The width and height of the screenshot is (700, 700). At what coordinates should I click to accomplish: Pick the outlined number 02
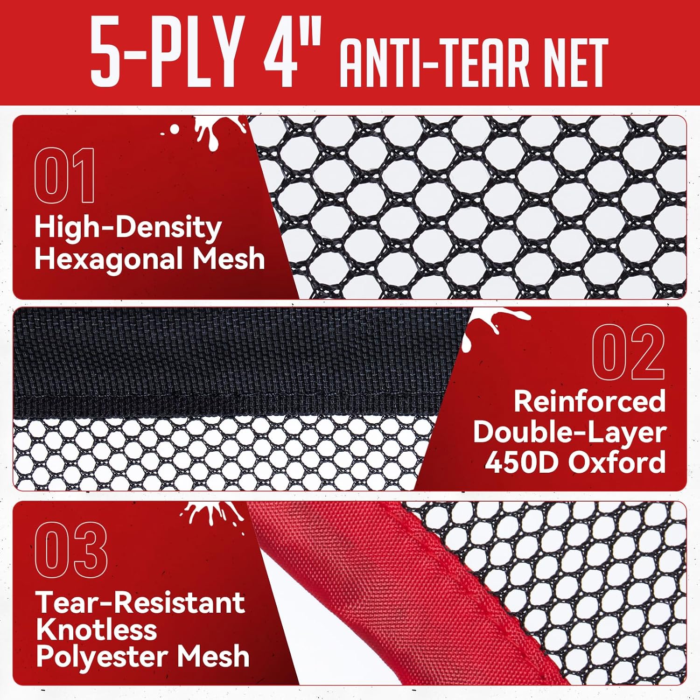(x=628, y=351)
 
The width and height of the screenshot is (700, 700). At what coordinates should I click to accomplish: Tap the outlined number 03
(x=71, y=550)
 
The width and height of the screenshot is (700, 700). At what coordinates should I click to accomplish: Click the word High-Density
(x=128, y=228)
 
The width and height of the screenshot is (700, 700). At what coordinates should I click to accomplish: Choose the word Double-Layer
(x=569, y=432)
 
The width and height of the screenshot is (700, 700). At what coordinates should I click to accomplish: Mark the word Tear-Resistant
(x=140, y=602)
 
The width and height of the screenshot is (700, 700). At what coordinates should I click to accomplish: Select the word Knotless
(x=96, y=630)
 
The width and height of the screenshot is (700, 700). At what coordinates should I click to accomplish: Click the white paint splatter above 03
(x=212, y=516)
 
